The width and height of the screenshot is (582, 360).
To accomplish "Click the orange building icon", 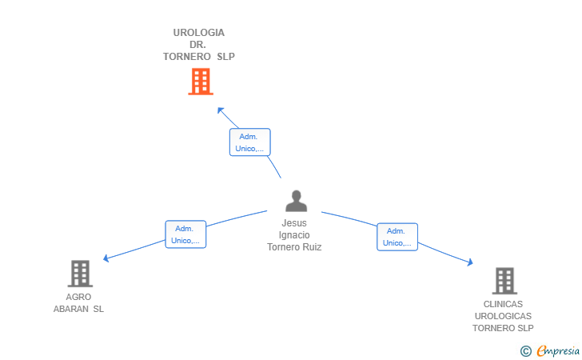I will pyautogui.click(x=200, y=81).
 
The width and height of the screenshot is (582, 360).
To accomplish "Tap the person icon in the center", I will pyautogui.click(x=296, y=201).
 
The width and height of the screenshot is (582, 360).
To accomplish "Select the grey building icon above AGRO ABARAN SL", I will pyautogui.click(x=79, y=274).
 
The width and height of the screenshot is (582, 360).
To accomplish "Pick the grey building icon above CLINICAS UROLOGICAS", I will pyautogui.click(x=504, y=281).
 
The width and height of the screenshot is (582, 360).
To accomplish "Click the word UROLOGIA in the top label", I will pyautogui.click(x=199, y=33).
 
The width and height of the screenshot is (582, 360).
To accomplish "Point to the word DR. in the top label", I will pyautogui.click(x=199, y=45).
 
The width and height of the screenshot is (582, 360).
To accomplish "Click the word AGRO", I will pyautogui.click(x=78, y=297).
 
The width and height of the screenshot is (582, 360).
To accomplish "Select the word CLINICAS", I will pyautogui.click(x=503, y=304).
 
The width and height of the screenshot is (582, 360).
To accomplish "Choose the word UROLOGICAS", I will pyautogui.click(x=503, y=316).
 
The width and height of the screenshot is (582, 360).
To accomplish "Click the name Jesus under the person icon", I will pyautogui.click(x=294, y=223).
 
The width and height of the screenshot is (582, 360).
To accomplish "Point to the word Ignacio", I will pyautogui.click(x=294, y=235).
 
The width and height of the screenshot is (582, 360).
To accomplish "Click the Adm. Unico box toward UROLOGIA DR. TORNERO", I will pyautogui.click(x=249, y=142).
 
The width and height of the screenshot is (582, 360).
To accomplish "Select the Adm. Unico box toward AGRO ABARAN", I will pyautogui.click(x=185, y=234).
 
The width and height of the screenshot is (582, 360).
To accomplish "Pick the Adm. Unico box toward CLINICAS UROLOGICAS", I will pyautogui.click(x=397, y=237).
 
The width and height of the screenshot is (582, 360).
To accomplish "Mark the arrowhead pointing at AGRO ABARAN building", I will pyautogui.click(x=106, y=258).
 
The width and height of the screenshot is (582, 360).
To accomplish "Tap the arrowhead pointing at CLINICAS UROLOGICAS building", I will pyautogui.click(x=471, y=262).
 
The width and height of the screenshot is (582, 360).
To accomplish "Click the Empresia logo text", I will pyautogui.click(x=558, y=350).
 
